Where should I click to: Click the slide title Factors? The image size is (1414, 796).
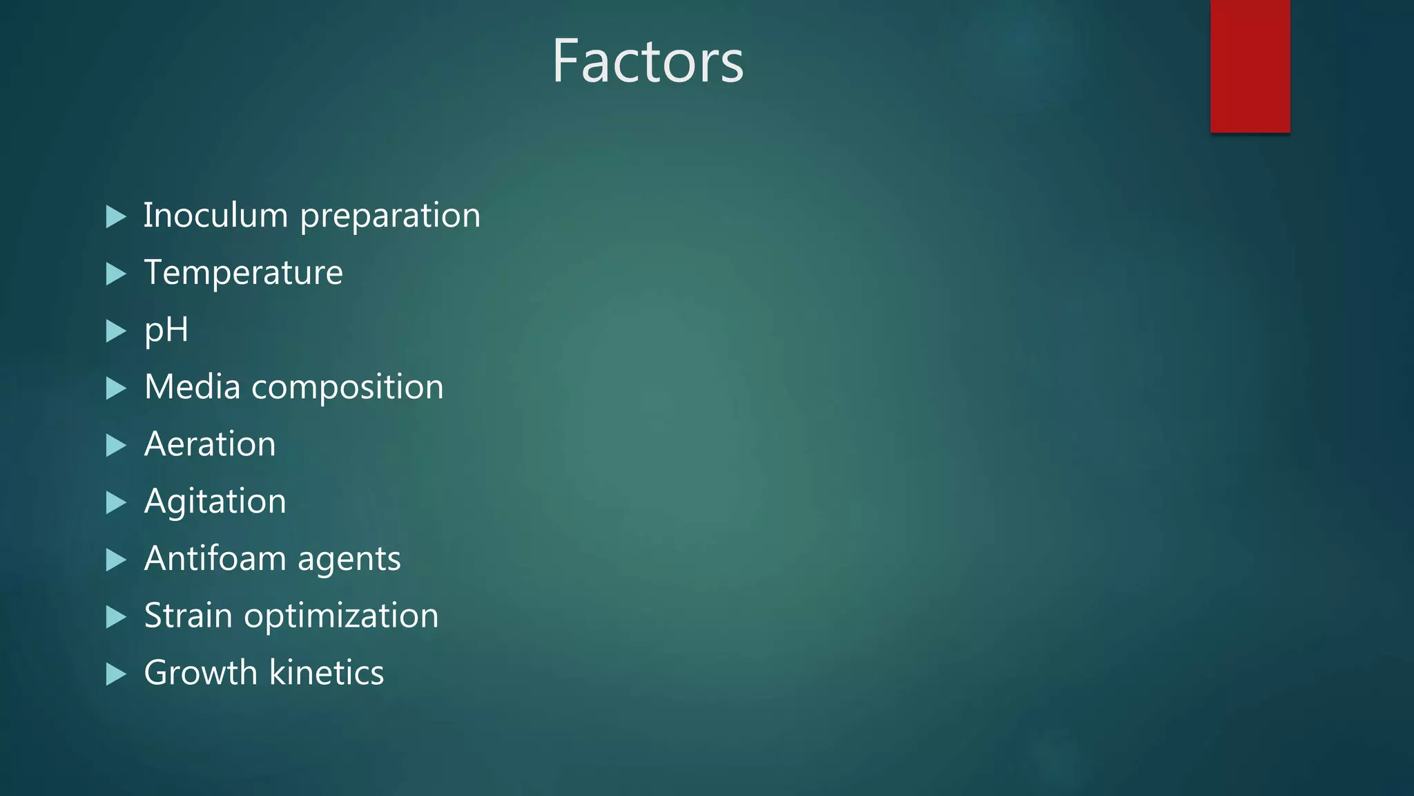click(x=648, y=61)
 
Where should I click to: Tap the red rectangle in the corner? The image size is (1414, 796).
click(x=1250, y=66)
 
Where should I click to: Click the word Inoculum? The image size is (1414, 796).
click(x=215, y=215)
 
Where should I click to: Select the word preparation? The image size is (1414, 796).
click(x=390, y=216)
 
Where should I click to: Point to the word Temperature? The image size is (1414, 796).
click(x=243, y=272)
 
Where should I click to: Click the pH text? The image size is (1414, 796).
click(x=166, y=330)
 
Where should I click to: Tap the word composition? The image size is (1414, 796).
click(x=347, y=388)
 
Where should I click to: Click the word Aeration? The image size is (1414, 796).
click(x=210, y=444)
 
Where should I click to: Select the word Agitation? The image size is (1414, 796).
click(x=215, y=502)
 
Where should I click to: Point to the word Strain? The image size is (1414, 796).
click(x=188, y=615)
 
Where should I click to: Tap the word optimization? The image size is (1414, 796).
click(x=341, y=616)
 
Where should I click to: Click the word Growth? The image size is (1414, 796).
click(x=200, y=672)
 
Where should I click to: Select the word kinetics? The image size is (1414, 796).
click(x=326, y=672)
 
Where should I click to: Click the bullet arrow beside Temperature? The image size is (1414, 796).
click(x=116, y=274)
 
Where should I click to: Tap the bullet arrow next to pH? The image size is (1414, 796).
click(x=116, y=332)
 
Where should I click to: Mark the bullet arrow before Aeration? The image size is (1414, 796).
click(x=116, y=446)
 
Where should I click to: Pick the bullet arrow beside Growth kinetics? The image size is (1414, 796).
click(x=116, y=674)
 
